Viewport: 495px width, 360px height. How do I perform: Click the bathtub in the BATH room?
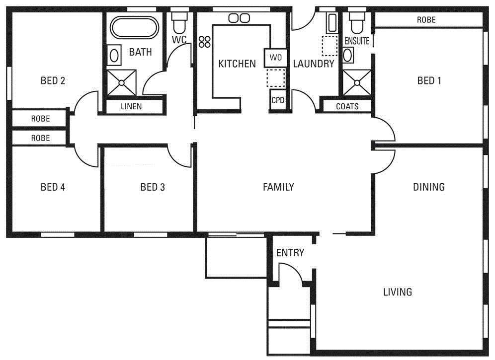[134, 28]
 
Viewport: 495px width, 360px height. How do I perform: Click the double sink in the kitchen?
[239, 18]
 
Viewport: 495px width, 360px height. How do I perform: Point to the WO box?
[276, 58]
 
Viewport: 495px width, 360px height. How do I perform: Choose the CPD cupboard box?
[278, 100]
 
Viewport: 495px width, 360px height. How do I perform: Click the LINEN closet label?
[131, 106]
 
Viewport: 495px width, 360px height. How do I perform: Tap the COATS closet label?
[347, 106]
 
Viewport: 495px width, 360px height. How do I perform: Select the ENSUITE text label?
[357, 41]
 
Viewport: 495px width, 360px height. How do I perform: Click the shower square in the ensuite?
[357, 82]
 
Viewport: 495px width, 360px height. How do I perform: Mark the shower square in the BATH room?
[122, 82]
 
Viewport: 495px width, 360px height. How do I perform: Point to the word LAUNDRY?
[313, 64]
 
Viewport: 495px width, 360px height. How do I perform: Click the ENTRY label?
[290, 253]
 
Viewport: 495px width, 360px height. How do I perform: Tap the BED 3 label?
[153, 187]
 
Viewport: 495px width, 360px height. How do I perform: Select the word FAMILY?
[278, 187]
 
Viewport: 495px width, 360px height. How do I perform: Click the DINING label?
[429, 187]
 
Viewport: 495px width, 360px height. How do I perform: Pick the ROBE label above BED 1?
[426, 20]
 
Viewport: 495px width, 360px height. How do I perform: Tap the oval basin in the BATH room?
[114, 54]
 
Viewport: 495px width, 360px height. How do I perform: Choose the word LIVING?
[398, 292]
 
